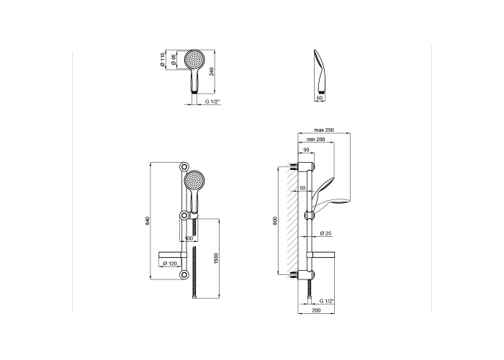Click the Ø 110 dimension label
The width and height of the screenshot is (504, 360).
click(x=162, y=60)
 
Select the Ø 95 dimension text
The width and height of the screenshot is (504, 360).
click(x=174, y=60)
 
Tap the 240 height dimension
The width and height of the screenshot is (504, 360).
click(x=212, y=71)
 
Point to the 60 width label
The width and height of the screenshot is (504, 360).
click(x=319, y=98)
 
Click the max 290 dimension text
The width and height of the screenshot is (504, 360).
click(x=324, y=130)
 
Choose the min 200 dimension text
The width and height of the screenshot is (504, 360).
click(x=315, y=140)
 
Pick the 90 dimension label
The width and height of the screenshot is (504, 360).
click(x=306, y=150)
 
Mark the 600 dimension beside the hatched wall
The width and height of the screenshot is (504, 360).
click(x=275, y=220)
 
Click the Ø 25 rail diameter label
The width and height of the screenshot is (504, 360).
click(x=325, y=233)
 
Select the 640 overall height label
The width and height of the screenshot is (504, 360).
click(x=148, y=220)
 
